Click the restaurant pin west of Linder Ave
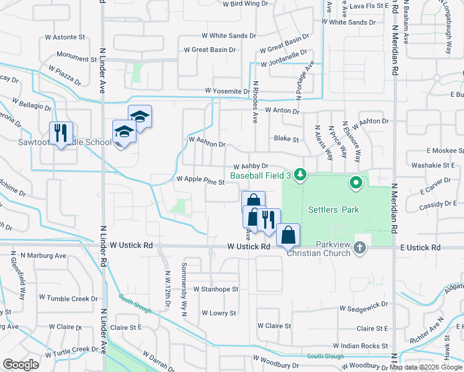61,133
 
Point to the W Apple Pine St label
200,179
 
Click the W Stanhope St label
215,289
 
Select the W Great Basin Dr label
210,50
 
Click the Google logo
21,364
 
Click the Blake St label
287,139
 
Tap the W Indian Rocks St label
360,345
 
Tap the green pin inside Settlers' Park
355,183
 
